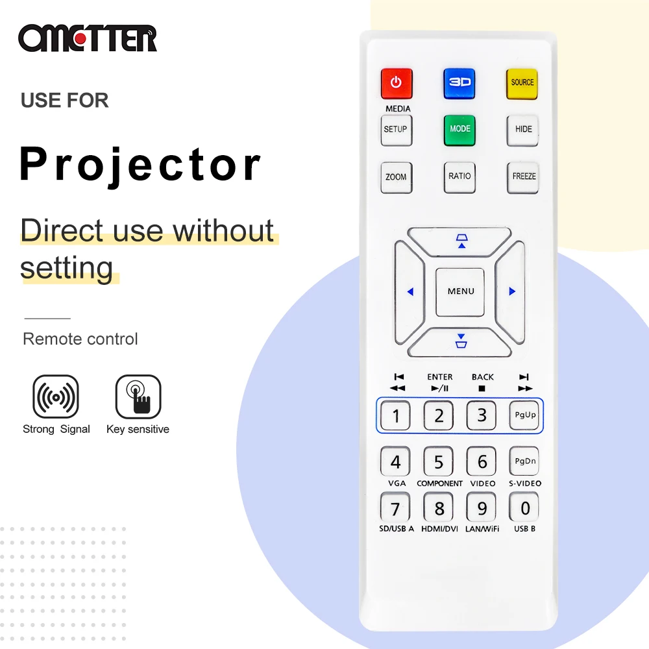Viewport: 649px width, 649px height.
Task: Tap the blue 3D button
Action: pyautogui.click(x=459, y=83)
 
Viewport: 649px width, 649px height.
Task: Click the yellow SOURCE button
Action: pyautogui.click(x=522, y=83)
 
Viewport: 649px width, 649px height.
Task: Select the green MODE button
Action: pyautogui.click(x=459, y=129)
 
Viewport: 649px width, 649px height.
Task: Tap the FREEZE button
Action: pyautogui.click(x=523, y=177)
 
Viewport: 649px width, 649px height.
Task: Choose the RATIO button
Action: pyautogui.click(x=459, y=177)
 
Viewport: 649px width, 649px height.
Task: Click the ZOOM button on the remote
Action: pyautogui.click(x=396, y=177)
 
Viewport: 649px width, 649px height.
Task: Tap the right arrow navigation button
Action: pyautogui.click(x=511, y=291)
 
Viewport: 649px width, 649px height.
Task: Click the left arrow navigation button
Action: pyautogui.click(x=410, y=291)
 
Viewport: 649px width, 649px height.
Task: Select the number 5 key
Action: pyautogui.click(x=439, y=462)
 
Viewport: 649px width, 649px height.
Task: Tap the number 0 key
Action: pyautogui.click(x=524, y=508)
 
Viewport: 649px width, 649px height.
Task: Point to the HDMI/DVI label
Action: pyautogui.click(x=439, y=529)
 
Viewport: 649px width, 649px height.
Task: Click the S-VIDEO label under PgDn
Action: pyautogui.click(x=524, y=484)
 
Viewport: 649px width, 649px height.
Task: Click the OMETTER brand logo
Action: pyautogui.click(x=88, y=38)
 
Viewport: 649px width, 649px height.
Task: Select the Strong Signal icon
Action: pyautogui.click(x=56, y=397)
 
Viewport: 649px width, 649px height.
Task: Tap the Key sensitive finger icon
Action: pyautogui.click(x=138, y=397)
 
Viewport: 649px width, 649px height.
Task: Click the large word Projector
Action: pyautogui.click(x=140, y=165)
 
